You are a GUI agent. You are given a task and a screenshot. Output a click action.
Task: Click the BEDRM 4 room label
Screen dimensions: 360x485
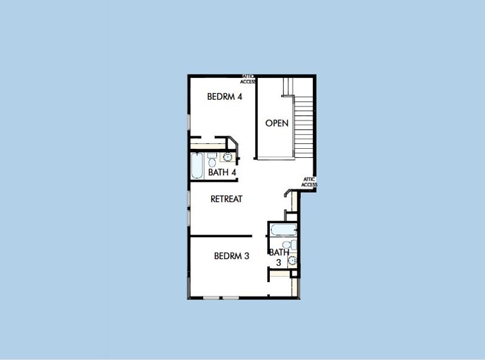click(x=225, y=97)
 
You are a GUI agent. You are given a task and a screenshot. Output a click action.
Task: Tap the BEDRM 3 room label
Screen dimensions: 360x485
click(x=231, y=256)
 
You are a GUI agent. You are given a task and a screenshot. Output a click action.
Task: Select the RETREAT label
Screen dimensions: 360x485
click(x=227, y=199)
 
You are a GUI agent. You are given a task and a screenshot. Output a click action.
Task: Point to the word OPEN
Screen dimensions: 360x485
click(x=277, y=124)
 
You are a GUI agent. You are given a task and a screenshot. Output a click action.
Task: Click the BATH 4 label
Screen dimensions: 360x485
click(x=222, y=172)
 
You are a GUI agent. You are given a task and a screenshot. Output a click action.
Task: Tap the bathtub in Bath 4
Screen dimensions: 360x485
click(x=197, y=165)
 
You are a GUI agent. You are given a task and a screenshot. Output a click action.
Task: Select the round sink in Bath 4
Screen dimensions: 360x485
click(x=227, y=157)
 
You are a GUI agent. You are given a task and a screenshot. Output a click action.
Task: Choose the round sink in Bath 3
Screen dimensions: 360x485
click(x=292, y=260)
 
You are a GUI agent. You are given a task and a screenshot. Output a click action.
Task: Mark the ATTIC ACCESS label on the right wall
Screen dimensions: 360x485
click(x=309, y=182)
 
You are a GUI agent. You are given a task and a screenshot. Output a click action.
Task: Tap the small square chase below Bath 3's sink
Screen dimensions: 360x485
click(x=294, y=274)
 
